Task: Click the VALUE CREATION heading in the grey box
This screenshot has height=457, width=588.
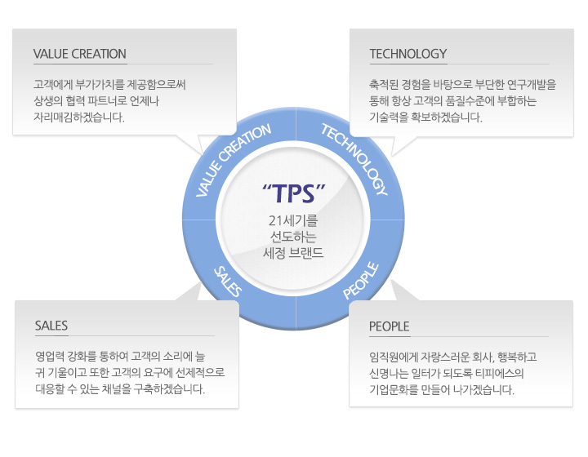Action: pos(79,54)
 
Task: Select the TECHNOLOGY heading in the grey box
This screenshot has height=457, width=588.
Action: pos(408,54)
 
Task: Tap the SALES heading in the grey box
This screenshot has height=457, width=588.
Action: pos(51,326)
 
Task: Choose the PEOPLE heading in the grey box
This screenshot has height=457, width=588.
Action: pos(389,326)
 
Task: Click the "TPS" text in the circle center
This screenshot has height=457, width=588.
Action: pos(294,193)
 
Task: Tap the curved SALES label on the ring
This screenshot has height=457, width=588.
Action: pos(228,282)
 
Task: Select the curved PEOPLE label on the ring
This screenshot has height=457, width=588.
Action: pos(361,281)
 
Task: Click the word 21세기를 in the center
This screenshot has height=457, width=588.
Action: pos(293,220)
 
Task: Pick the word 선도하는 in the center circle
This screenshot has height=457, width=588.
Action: pos(293,237)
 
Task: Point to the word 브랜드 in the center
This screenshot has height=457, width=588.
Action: pos(306,253)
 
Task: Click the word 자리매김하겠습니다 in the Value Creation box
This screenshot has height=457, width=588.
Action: pos(78,118)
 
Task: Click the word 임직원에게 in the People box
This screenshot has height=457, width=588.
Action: pos(393,357)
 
